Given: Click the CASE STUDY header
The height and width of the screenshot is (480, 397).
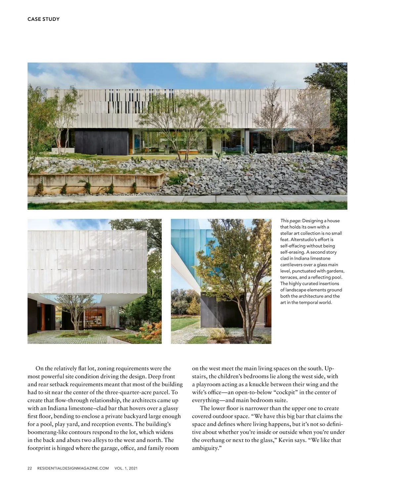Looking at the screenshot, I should (43, 19).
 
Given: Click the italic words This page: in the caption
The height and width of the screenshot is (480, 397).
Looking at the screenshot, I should (290, 221).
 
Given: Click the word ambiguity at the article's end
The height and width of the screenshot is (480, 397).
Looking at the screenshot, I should (205, 448).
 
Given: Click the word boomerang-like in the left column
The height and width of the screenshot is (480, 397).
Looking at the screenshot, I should (48, 432).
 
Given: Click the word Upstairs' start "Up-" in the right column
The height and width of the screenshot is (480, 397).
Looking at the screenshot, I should (329, 368).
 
